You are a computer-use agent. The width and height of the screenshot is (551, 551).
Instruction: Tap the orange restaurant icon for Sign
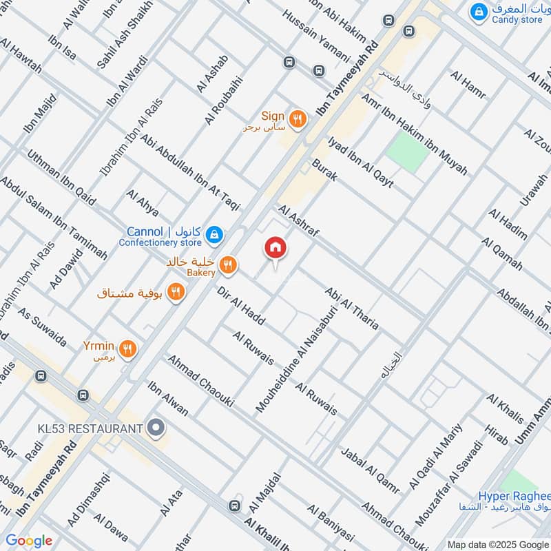[298, 118]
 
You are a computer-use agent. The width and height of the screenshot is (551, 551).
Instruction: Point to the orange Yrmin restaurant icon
[127, 349]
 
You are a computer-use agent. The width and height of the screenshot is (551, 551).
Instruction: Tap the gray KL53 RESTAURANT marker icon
[156, 428]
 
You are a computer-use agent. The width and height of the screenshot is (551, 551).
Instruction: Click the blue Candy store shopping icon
[477, 11]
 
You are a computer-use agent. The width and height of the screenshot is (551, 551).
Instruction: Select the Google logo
[28, 541]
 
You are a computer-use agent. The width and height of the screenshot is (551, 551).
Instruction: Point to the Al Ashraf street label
[299, 221]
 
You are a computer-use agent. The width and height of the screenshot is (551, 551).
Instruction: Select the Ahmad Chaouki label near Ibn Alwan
[196, 377]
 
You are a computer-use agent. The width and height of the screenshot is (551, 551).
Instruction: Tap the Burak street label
[324, 170]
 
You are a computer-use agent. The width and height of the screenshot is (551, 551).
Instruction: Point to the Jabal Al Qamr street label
[370, 470]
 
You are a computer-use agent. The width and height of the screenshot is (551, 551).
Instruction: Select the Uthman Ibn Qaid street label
[61, 178]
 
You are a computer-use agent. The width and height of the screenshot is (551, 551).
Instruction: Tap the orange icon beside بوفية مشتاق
[176, 292]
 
